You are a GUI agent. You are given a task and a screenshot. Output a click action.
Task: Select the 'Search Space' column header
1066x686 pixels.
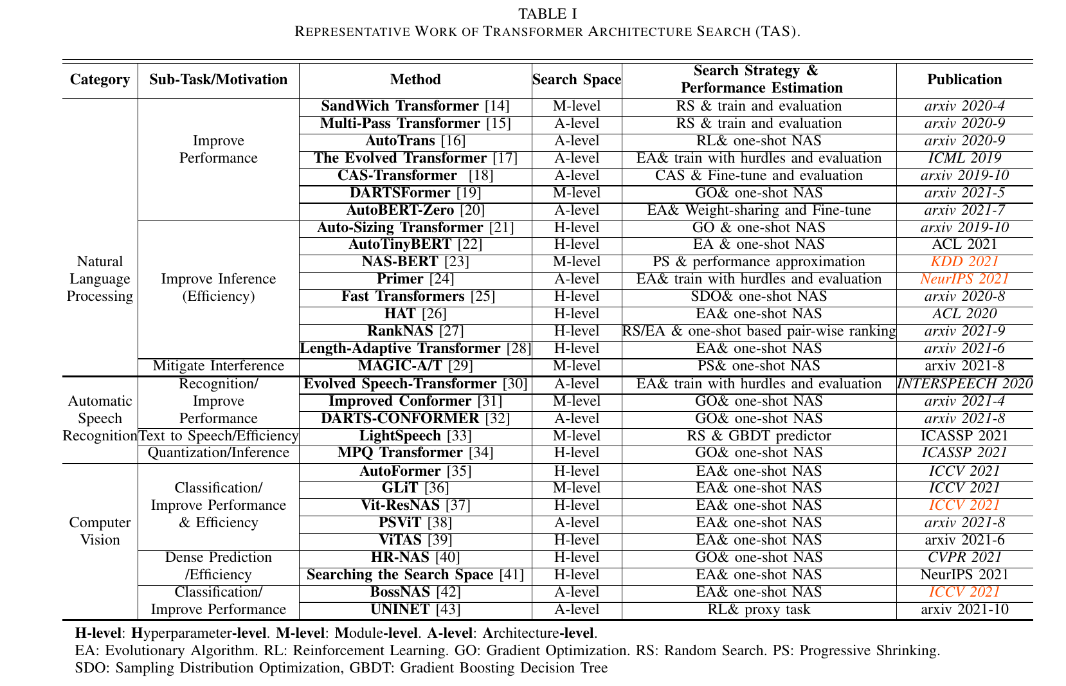click(577, 80)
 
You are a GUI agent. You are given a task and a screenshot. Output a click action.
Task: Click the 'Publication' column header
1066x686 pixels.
click(964, 80)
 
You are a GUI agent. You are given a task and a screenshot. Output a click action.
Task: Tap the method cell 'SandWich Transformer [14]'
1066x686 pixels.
click(415, 106)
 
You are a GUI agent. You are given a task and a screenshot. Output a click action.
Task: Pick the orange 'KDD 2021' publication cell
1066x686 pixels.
click(964, 262)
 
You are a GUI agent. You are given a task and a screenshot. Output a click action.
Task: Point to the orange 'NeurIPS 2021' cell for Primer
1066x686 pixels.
click(964, 279)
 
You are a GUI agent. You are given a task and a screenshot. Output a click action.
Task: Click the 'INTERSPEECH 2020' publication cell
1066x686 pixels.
click(964, 384)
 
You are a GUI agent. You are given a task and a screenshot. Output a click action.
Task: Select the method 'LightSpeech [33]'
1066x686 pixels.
click(415, 436)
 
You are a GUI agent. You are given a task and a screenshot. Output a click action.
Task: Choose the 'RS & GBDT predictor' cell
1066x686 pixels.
click(759, 436)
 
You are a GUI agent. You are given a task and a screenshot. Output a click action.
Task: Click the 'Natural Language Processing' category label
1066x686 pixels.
click(100, 279)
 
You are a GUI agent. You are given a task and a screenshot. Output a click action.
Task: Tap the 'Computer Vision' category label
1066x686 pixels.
click(100, 531)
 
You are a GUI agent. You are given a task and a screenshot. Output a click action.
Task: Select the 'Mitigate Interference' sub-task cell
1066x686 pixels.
click(218, 366)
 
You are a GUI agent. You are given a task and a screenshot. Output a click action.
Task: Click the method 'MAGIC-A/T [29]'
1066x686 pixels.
click(415, 366)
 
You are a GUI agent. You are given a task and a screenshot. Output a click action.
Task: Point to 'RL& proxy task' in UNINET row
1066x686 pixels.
click(759, 609)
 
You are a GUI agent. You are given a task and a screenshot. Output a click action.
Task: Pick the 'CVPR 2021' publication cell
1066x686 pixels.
click(964, 557)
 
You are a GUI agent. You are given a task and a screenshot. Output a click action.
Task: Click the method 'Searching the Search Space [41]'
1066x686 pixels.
click(415, 575)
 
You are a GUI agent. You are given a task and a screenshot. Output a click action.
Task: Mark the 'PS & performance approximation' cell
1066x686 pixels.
click(759, 262)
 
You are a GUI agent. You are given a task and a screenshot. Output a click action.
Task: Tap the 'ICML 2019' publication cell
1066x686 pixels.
click(964, 158)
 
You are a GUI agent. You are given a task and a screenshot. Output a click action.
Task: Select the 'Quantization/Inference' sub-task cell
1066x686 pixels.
click(218, 453)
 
